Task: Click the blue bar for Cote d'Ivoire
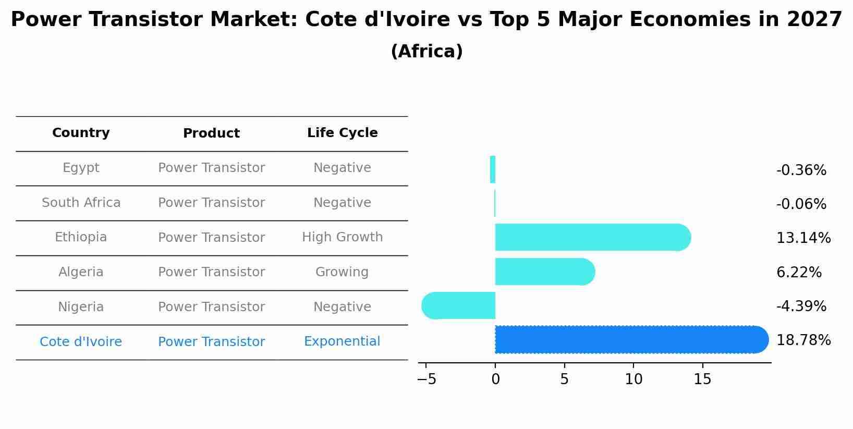tap(631, 340)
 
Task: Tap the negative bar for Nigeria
tap(459, 306)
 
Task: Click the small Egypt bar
tap(493, 170)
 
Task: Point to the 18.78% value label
tap(803, 340)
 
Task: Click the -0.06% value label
tap(801, 204)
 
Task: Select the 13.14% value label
tap(803, 238)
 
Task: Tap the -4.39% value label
tap(801, 307)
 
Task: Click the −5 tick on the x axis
tap(426, 379)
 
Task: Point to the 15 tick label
tap(702, 379)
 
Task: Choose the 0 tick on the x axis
tap(495, 379)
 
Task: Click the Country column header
tap(81, 133)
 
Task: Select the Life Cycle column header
tap(342, 133)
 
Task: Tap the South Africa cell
tap(81, 203)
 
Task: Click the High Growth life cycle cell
tap(342, 237)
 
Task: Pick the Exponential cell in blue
tap(342, 341)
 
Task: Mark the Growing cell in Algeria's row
tap(342, 272)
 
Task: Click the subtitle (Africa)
tap(426, 52)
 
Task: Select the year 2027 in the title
tap(814, 20)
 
